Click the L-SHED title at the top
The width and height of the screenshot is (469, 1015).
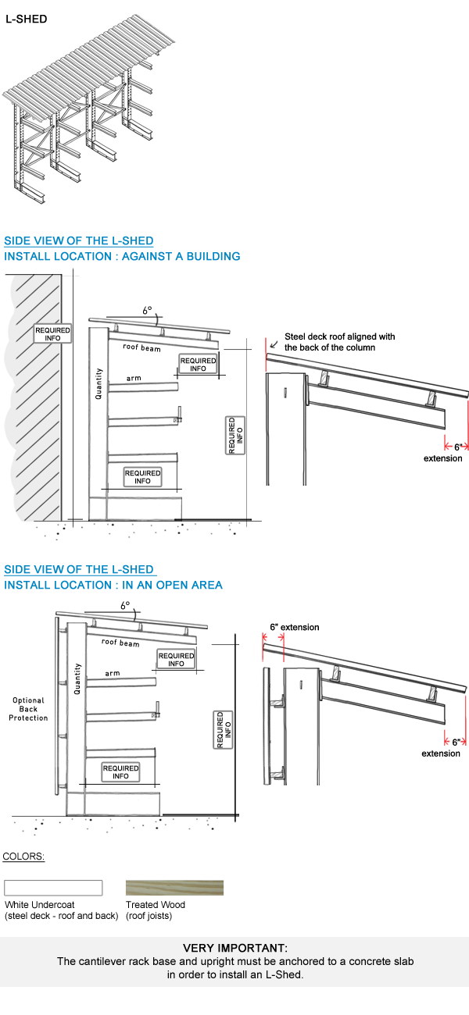(x=26, y=19)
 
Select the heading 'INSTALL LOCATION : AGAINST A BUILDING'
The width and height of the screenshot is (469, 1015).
(x=122, y=256)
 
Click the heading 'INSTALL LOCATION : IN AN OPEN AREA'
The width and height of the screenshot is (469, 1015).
(x=113, y=585)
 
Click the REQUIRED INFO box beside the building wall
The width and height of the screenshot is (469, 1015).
(x=52, y=334)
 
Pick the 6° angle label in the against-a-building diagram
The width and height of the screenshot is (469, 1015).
(x=147, y=310)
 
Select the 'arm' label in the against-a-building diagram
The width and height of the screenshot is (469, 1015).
(x=134, y=379)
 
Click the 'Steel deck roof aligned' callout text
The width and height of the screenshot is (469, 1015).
(x=339, y=342)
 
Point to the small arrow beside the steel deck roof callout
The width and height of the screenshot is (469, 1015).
(x=273, y=340)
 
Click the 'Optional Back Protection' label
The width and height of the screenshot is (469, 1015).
(x=28, y=709)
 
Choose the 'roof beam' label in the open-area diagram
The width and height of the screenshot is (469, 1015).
(x=120, y=643)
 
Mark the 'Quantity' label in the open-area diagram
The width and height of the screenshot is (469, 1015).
(x=77, y=679)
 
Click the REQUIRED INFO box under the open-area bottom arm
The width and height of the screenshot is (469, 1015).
(x=120, y=772)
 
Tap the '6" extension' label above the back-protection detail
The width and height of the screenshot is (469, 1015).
(x=294, y=627)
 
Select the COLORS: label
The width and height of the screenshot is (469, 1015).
(x=23, y=857)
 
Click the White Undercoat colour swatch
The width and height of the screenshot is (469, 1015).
(x=53, y=888)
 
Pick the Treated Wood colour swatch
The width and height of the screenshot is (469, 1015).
(x=174, y=888)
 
